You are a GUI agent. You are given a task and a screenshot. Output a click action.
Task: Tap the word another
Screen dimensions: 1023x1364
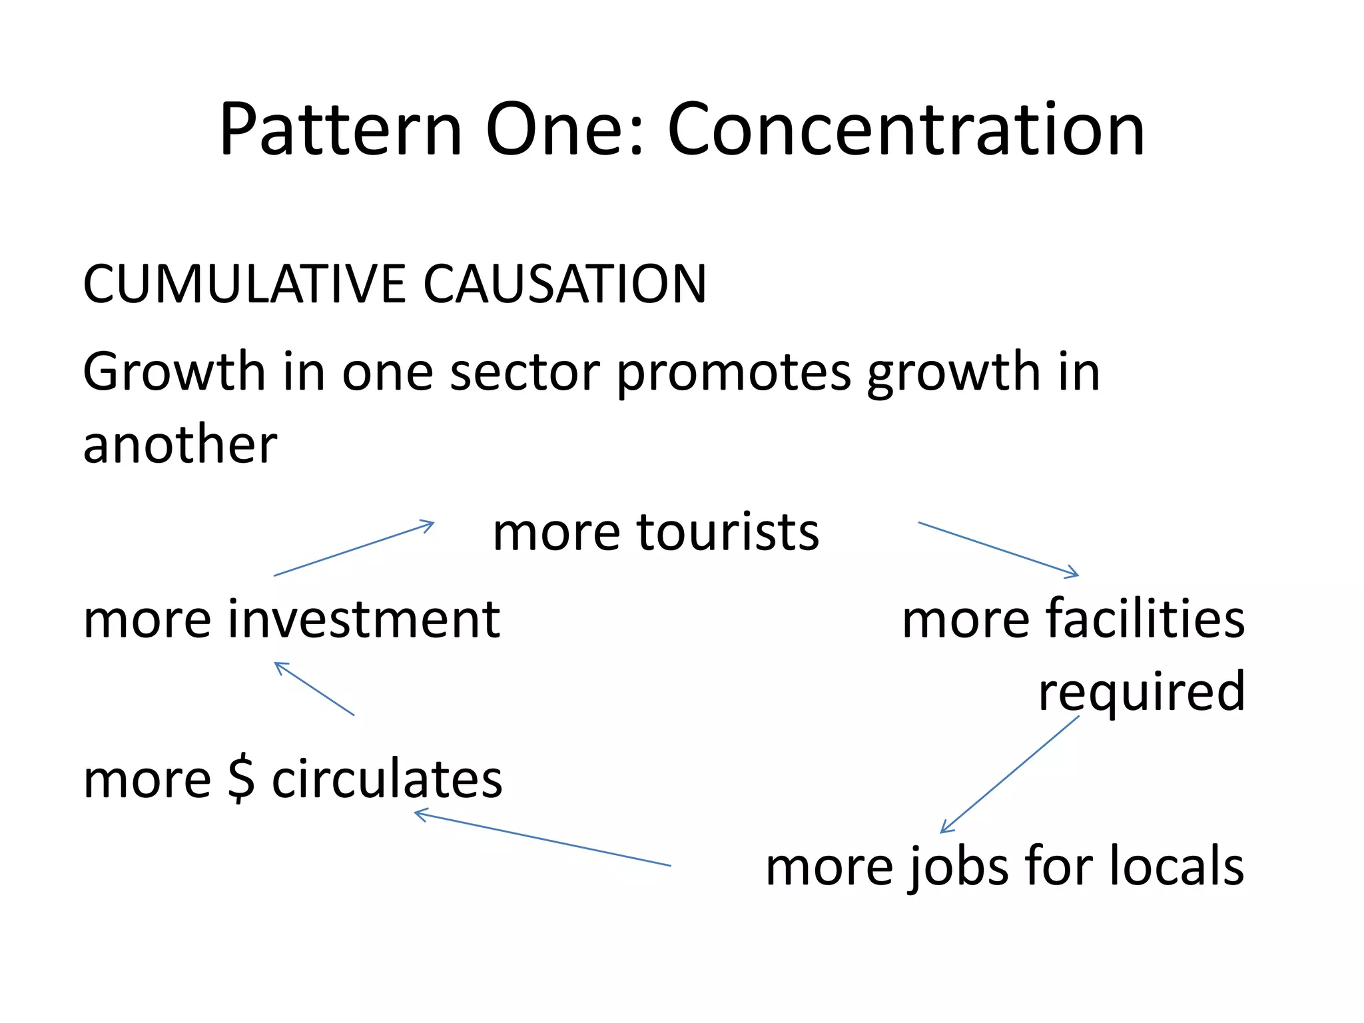pyautogui.click(x=180, y=445)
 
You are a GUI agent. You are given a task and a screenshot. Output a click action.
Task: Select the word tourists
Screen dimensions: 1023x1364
pyautogui.click(x=728, y=533)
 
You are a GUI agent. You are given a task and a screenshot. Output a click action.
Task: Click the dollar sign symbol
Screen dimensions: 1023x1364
pyautogui.click(x=241, y=779)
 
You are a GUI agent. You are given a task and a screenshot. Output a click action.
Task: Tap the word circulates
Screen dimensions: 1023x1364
pyautogui.click(x=387, y=779)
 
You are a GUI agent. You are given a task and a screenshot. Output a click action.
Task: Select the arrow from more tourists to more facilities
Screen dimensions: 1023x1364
pyautogui.click(x=998, y=549)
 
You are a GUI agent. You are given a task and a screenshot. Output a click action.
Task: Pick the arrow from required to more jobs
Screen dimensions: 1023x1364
pyautogui.click(x=1010, y=774)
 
